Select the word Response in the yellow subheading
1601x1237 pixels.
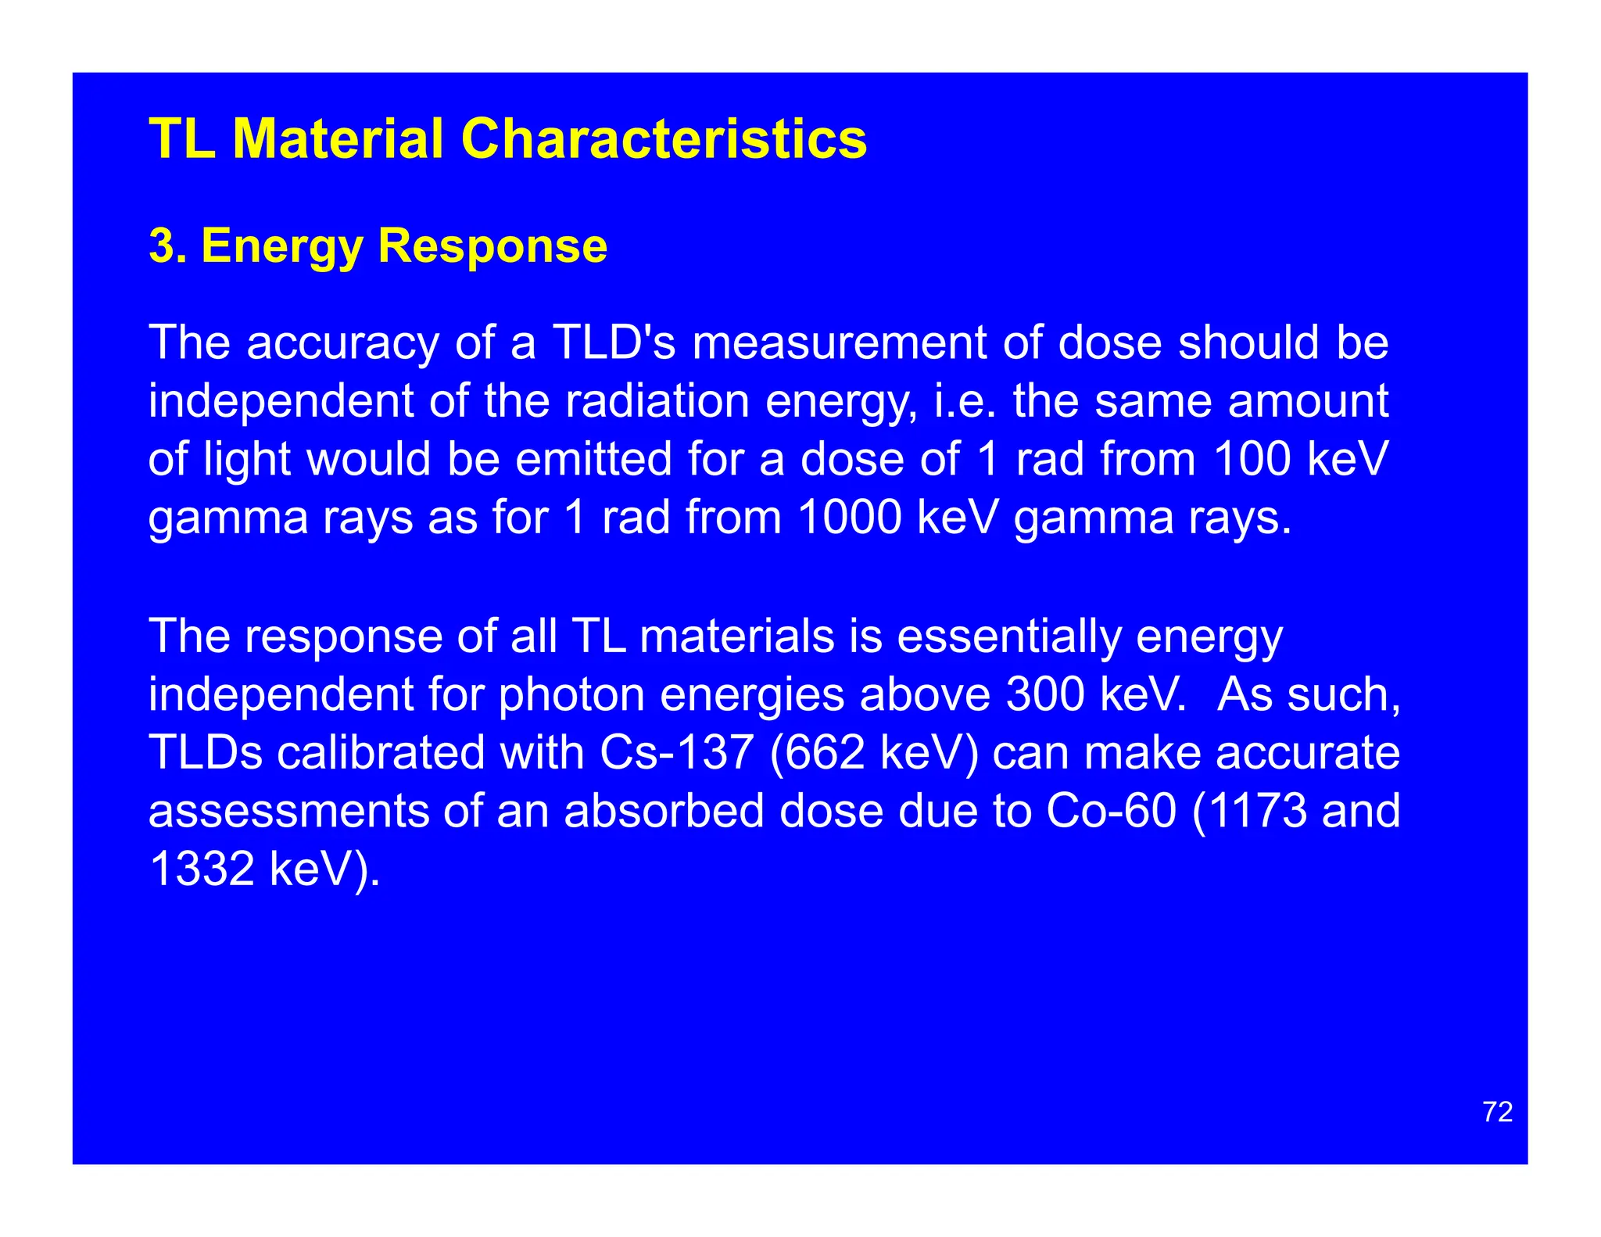point(492,246)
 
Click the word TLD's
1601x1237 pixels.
point(614,343)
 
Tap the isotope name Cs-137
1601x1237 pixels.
point(677,752)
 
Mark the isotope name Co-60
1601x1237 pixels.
point(1111,811)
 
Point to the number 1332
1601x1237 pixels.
point(201,869)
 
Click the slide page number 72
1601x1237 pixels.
point(1497,1112)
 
